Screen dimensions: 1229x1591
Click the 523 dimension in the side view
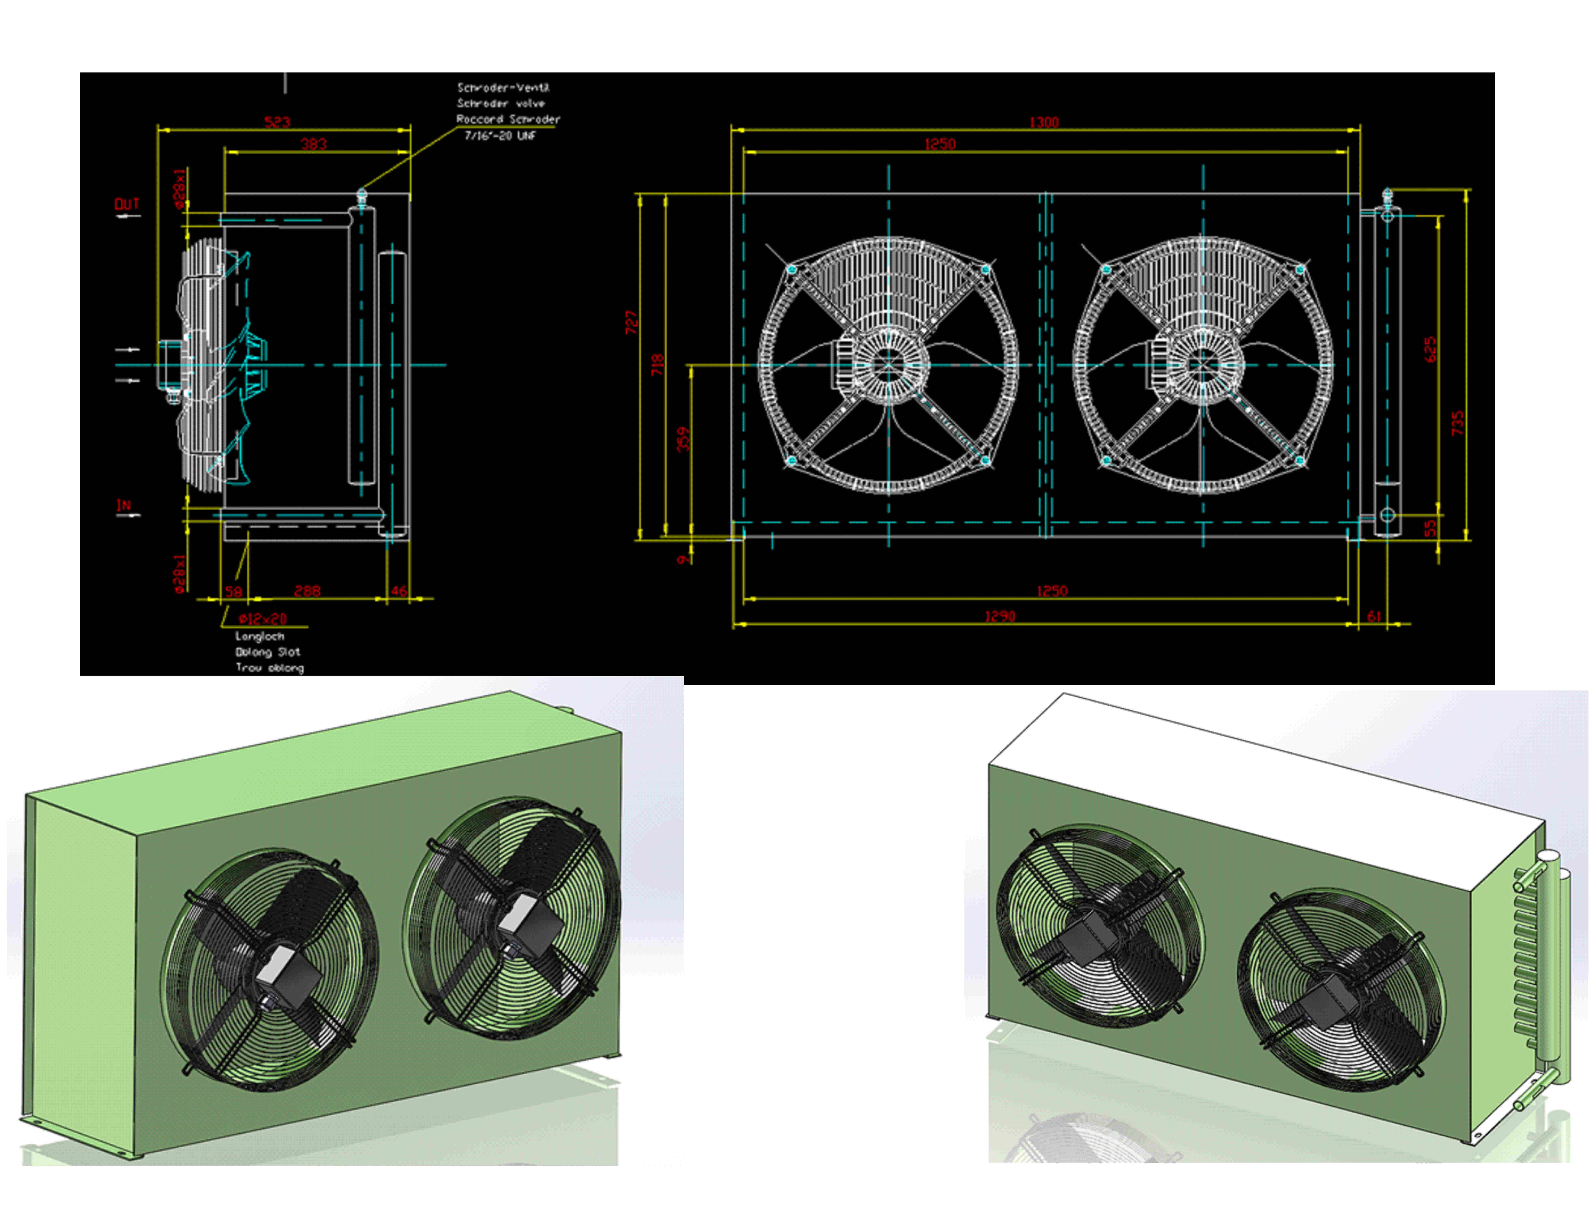(277, 122)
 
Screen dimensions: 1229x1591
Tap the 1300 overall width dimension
(1044, 122)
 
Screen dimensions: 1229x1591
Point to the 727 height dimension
(631, 323)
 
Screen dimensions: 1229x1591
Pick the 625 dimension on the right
(1430, 350)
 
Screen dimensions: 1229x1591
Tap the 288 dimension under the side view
(307, 590)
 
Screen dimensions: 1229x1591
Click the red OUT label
(127, 204)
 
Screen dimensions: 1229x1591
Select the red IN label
(124, 505)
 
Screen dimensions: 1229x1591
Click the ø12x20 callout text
(263, 619)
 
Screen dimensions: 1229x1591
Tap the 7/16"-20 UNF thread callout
(500, 135)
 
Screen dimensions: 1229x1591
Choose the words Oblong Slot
(267, 652)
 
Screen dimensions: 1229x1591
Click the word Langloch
(259, 636)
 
